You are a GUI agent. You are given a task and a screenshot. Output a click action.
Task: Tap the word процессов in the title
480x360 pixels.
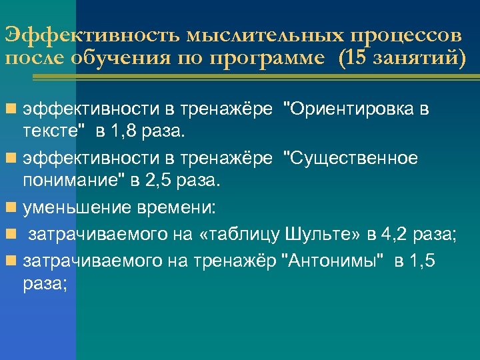pyautogui.click(x=405, y=34)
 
